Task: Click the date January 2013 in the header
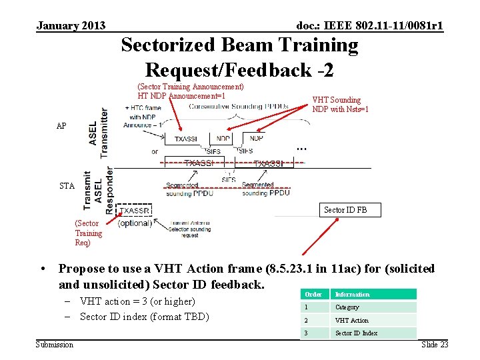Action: click(71, 25)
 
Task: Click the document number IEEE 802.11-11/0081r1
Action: click(370, 25)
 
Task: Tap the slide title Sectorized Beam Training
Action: click(239, 45)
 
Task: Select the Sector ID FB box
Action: click(345, 210)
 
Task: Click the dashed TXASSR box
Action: click(135, 211)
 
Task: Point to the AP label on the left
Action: click(61, 125)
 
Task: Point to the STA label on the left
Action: click(67, 186)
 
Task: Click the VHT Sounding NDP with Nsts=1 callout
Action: click(340, 105)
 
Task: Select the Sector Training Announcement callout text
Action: click(190, 87)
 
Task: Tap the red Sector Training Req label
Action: click(88, 233)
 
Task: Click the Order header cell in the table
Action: click(313, 294)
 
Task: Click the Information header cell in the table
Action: click(352, 294)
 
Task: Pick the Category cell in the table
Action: click(347, 307)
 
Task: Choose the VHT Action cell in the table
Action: click(351, 321)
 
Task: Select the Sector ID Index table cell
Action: click(356, 333)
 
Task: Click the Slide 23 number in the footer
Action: click(435, 344)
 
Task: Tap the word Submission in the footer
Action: click(55, 344)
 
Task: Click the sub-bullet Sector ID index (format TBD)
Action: click(144, 317)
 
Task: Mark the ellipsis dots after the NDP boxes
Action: click(301, 147)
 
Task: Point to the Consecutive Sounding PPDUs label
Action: click(238, 105)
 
